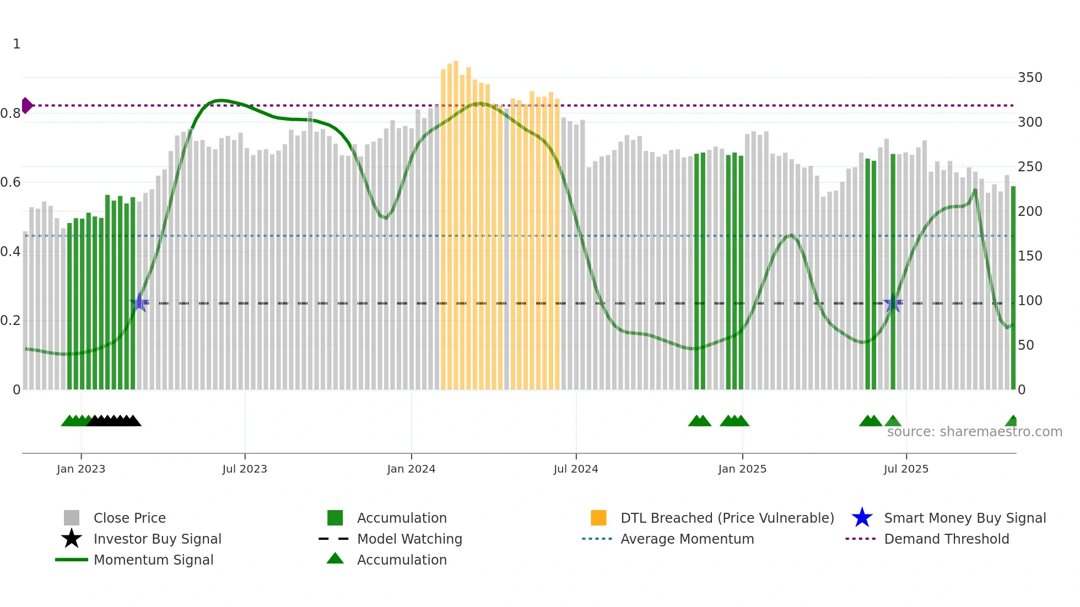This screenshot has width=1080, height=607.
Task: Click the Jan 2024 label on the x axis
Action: (x=411, y=469)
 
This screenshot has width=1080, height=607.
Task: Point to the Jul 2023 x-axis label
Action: (x=245, y=469)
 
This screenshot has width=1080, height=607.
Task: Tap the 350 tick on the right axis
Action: (x=1029, y=78)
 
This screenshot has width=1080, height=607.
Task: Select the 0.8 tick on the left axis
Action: (x=10, y=113)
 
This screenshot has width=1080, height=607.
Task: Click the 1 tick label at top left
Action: (x=17, y=44)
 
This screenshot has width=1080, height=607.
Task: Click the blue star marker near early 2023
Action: (x=140, y=302)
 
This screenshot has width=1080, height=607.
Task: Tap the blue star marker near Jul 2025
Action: (x=893, y=303)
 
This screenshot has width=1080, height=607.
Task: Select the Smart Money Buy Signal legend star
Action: (x=862, y=518)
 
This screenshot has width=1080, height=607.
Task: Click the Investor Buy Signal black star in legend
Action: (x=72, y=539)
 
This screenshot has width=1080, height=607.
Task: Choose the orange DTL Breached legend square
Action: (x=598, y=518)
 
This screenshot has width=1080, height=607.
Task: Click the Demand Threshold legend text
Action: (x=946, y=539)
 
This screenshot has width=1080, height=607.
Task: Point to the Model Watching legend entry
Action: (x=409, y=539)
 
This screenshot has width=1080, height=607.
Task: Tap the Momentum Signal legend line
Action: (x=72, y=560)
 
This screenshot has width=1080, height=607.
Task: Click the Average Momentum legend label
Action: (x=687, y=539)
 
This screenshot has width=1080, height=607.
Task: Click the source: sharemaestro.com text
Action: (x=974, y=432)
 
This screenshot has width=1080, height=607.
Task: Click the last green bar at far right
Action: (x=1013, y=286)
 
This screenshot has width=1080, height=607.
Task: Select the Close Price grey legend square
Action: (x=72, y=518)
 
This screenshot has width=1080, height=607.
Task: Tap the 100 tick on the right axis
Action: (x=1029, y=301)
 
